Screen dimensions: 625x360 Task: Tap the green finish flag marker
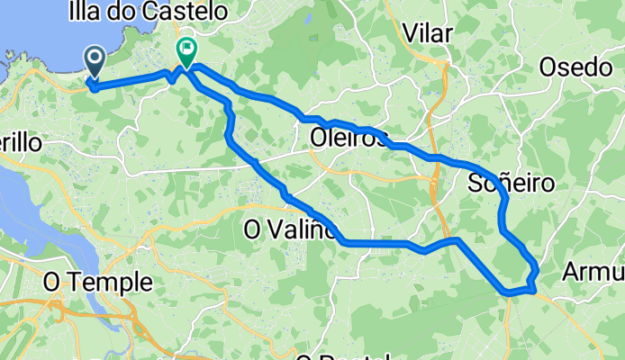(x=186, y=51)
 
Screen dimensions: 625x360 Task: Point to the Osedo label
(x=575, y=67)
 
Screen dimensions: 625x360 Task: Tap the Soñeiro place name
(x=512, y=184)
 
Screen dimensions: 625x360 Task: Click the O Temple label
(x=98, y=283)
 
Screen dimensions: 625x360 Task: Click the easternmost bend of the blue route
(x=538, y=268)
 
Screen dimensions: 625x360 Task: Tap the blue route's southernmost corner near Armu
(x=510, y=292)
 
